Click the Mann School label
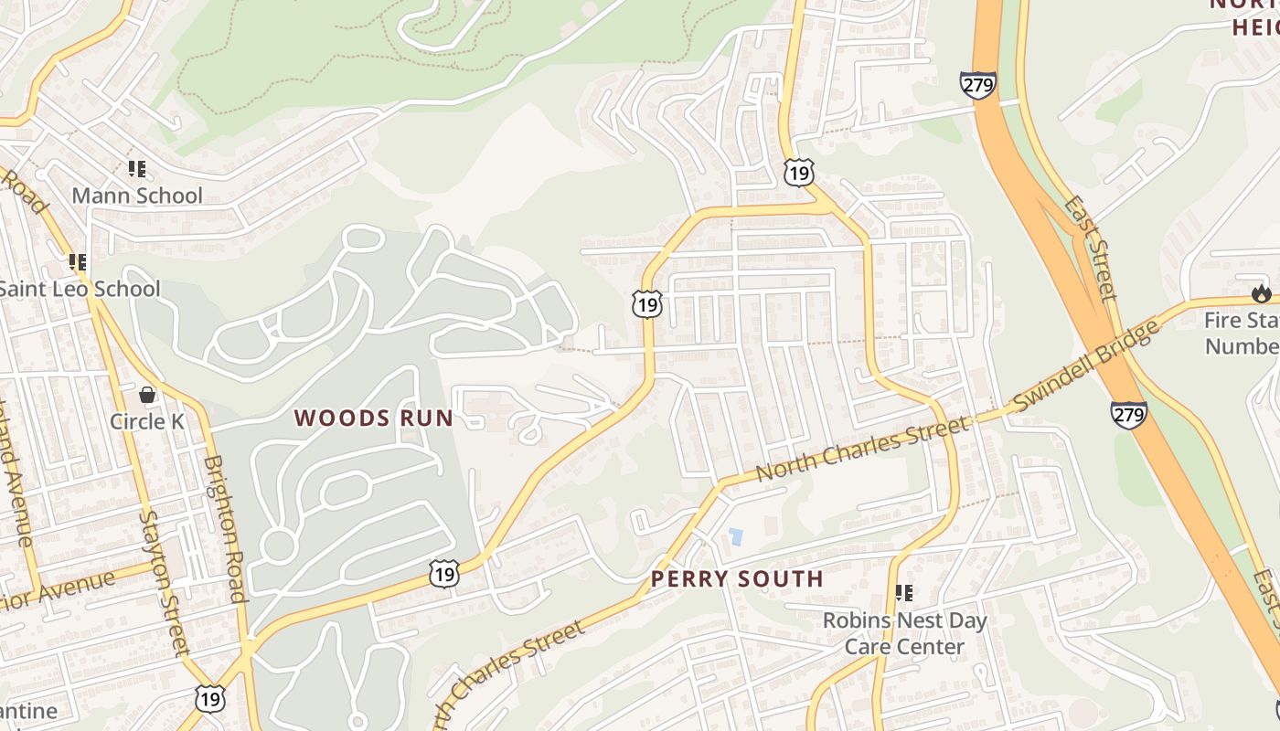coord(137,196)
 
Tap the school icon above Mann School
coord(137,168)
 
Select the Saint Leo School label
coord(79,289)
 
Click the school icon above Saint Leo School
coord(78,262)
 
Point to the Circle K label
coord(147,421)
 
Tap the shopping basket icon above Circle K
coord(147,395)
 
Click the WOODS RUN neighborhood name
coord(373,418)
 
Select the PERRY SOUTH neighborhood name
coord(737,578)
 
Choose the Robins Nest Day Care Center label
coord(904,633)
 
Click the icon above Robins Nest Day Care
coord(904,593)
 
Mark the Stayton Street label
coord(164,583)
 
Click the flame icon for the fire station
coord(1262,293)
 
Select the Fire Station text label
coord(1241,334)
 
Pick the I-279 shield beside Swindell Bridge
coord(1129,415)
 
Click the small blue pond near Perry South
coord(735,536)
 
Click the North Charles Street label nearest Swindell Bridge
coord(861,448)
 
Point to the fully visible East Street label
coord(1089,246)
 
